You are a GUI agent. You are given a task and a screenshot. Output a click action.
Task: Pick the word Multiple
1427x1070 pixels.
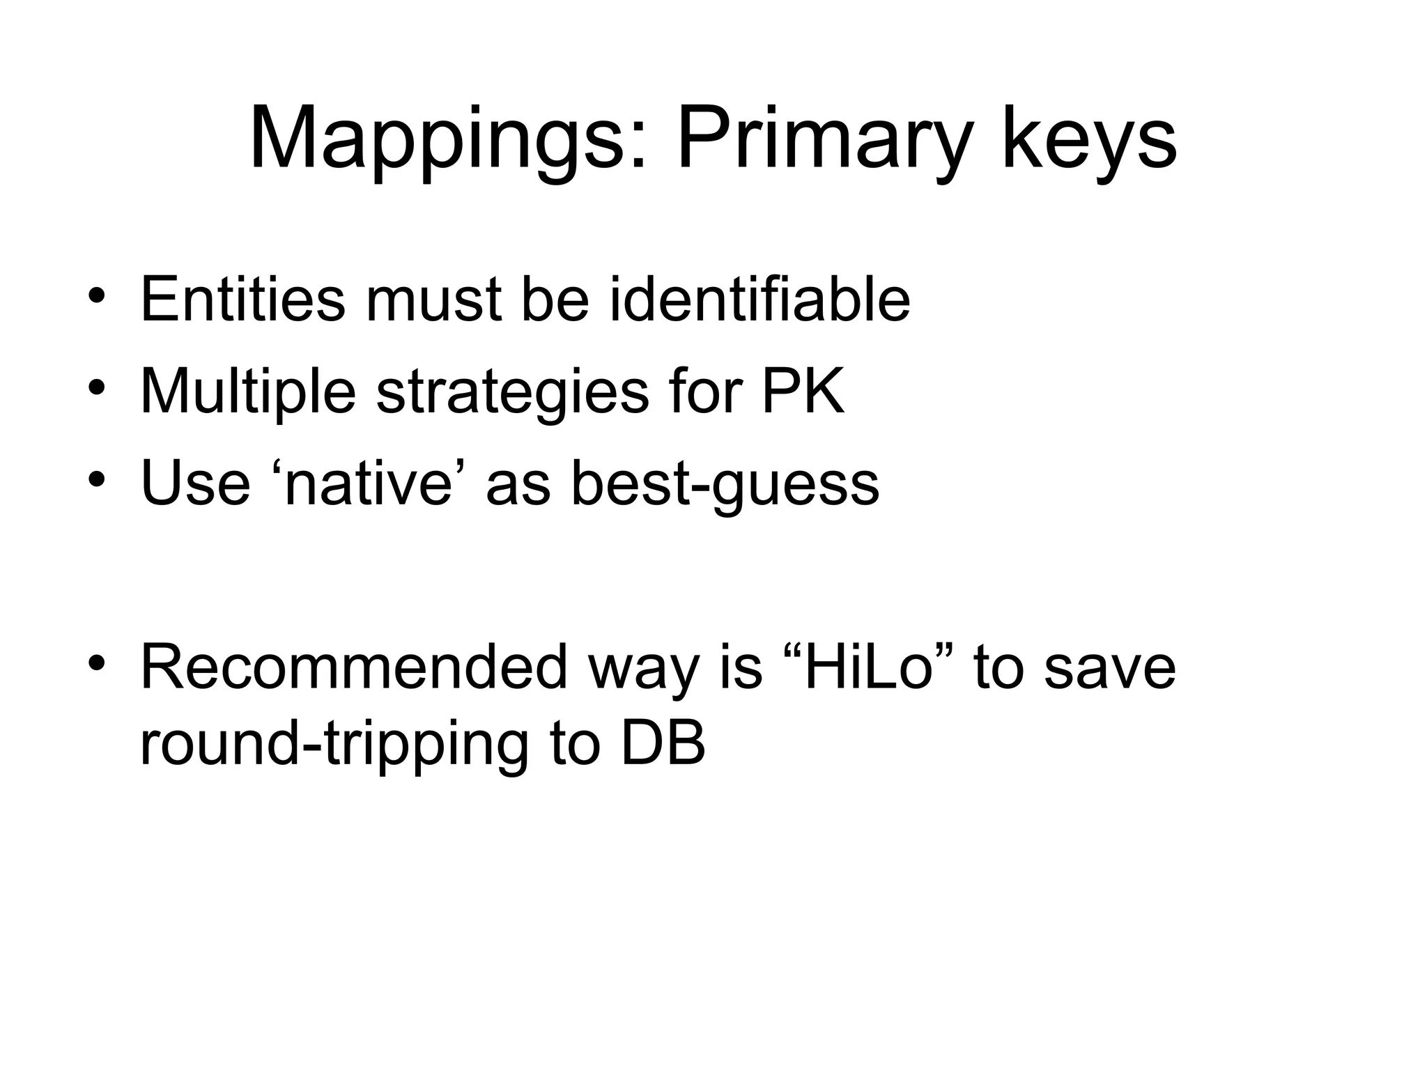[x=248, y=391]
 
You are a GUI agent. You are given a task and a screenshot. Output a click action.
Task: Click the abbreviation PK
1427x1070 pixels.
[x=803, y=391]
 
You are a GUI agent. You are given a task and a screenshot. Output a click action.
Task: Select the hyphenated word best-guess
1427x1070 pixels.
[x=725, y=483]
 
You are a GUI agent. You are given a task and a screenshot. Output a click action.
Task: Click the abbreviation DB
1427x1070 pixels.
[x=663, y=743]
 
